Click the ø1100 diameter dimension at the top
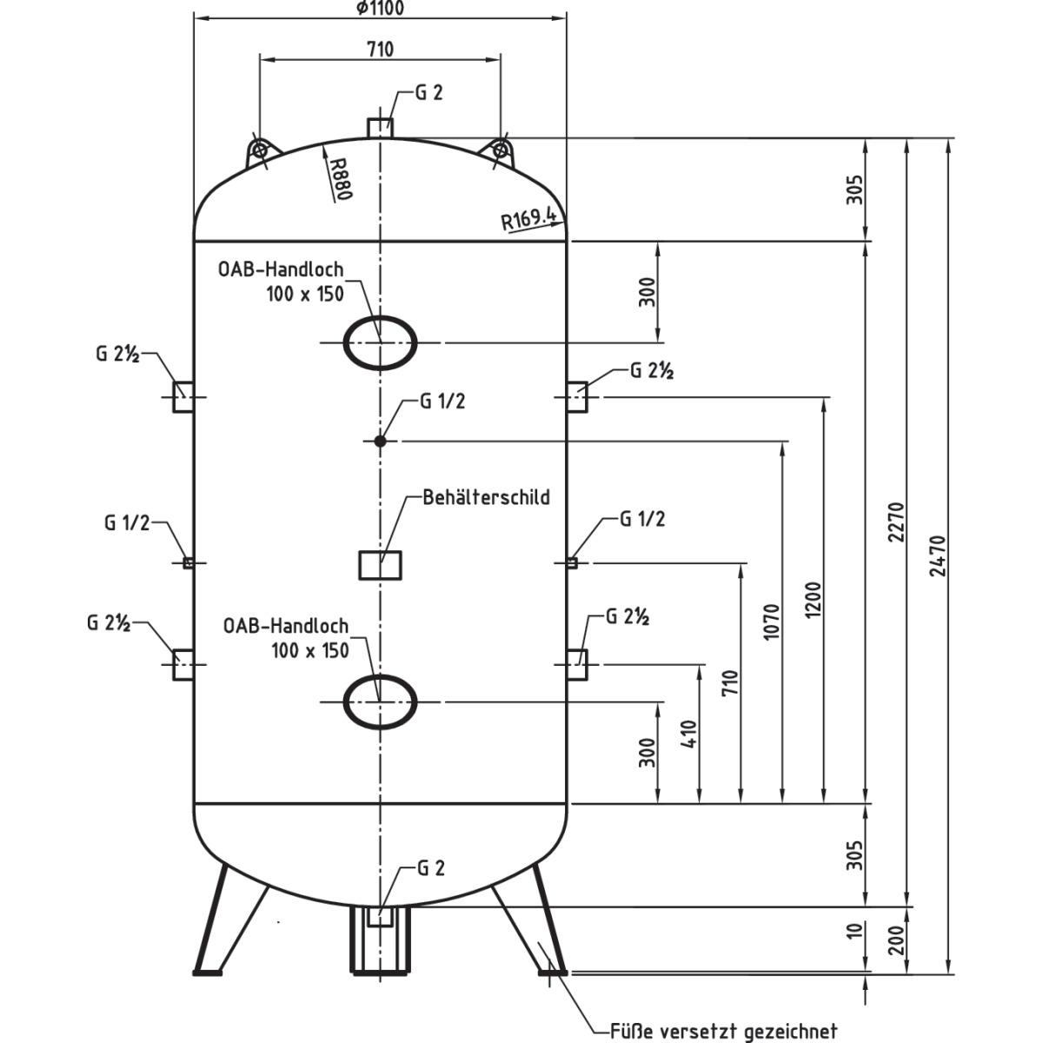(x=380, y=9)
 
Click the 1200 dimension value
(x=814, y=599)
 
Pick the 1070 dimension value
(x=772, y=621)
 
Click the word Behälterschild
(x=486, y=497)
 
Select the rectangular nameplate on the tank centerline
(x=381, y=565)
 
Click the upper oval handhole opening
(x=380, y=342)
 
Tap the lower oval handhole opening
(x=380, y=701)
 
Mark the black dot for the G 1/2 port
(x=380, y=442)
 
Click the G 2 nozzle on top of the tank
(x=380, y=127)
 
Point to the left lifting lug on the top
(x=258, y=150)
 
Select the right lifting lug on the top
(x=501, y=150)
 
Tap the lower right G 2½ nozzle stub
(x=577, y=664)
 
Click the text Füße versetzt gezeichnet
(x=723, y=1031)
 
